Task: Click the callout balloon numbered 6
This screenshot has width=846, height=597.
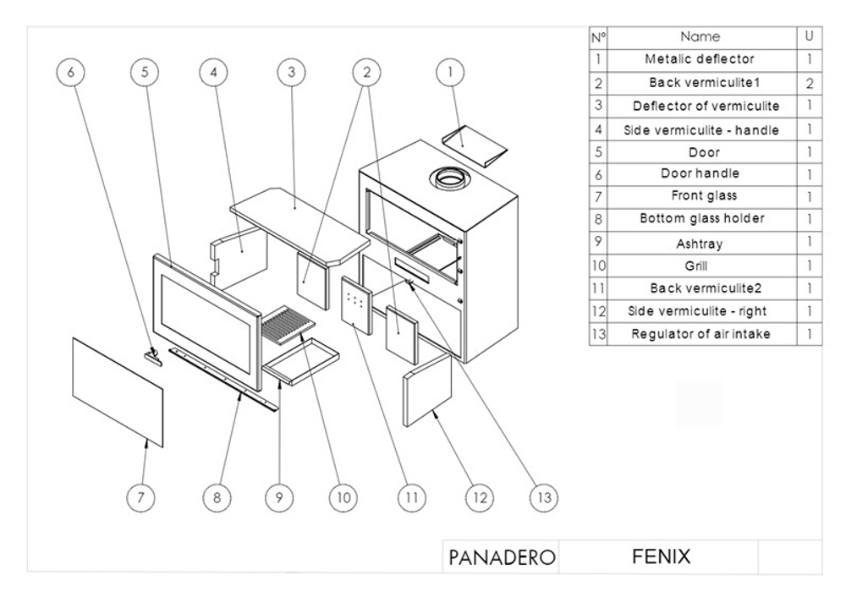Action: [x=70, y=73]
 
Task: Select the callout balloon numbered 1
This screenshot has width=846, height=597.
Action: [x=449, y=73]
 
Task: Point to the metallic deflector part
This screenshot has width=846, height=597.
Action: [x=478, y=143]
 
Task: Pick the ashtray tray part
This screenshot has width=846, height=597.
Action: [x=301, y=360]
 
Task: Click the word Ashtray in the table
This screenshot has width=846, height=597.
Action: [x=700, y=244]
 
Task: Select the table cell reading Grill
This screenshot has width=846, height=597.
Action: [x=700, y=265]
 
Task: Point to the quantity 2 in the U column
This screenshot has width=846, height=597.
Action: [x=809, y=85]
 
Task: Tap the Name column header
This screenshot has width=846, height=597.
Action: [x=700, y=36]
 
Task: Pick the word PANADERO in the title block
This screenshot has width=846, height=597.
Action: [x=502, y=558]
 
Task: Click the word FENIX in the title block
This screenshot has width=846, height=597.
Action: [x=661, y=557]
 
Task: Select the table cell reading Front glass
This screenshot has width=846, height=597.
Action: [x=700, y=196]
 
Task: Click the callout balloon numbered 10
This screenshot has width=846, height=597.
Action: [x=342, y=498]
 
